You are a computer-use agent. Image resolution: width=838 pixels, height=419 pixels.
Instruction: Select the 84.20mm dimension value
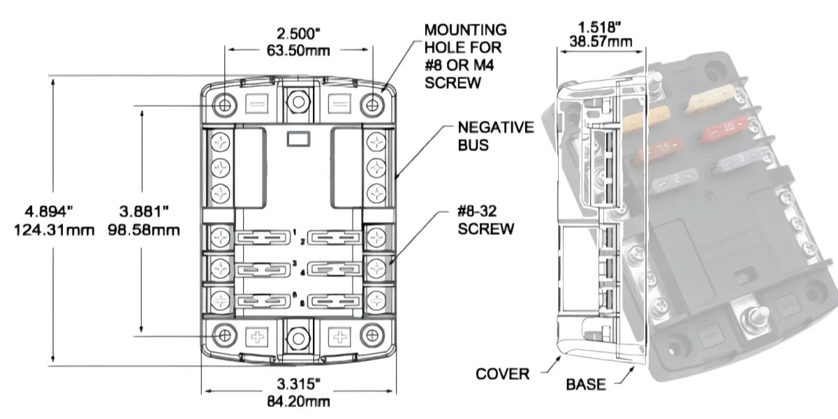coord(298,402)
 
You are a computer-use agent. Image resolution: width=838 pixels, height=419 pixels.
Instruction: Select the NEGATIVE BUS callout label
coord(495,135)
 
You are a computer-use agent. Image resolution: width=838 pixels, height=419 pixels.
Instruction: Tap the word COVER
coord(502,374)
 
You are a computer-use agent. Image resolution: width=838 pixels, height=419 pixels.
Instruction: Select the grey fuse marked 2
coord(673,182)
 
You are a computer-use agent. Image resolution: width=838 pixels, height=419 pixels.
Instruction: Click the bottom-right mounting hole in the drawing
coord(372,336)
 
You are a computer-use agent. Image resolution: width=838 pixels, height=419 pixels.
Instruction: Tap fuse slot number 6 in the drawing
coord(333,301)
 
